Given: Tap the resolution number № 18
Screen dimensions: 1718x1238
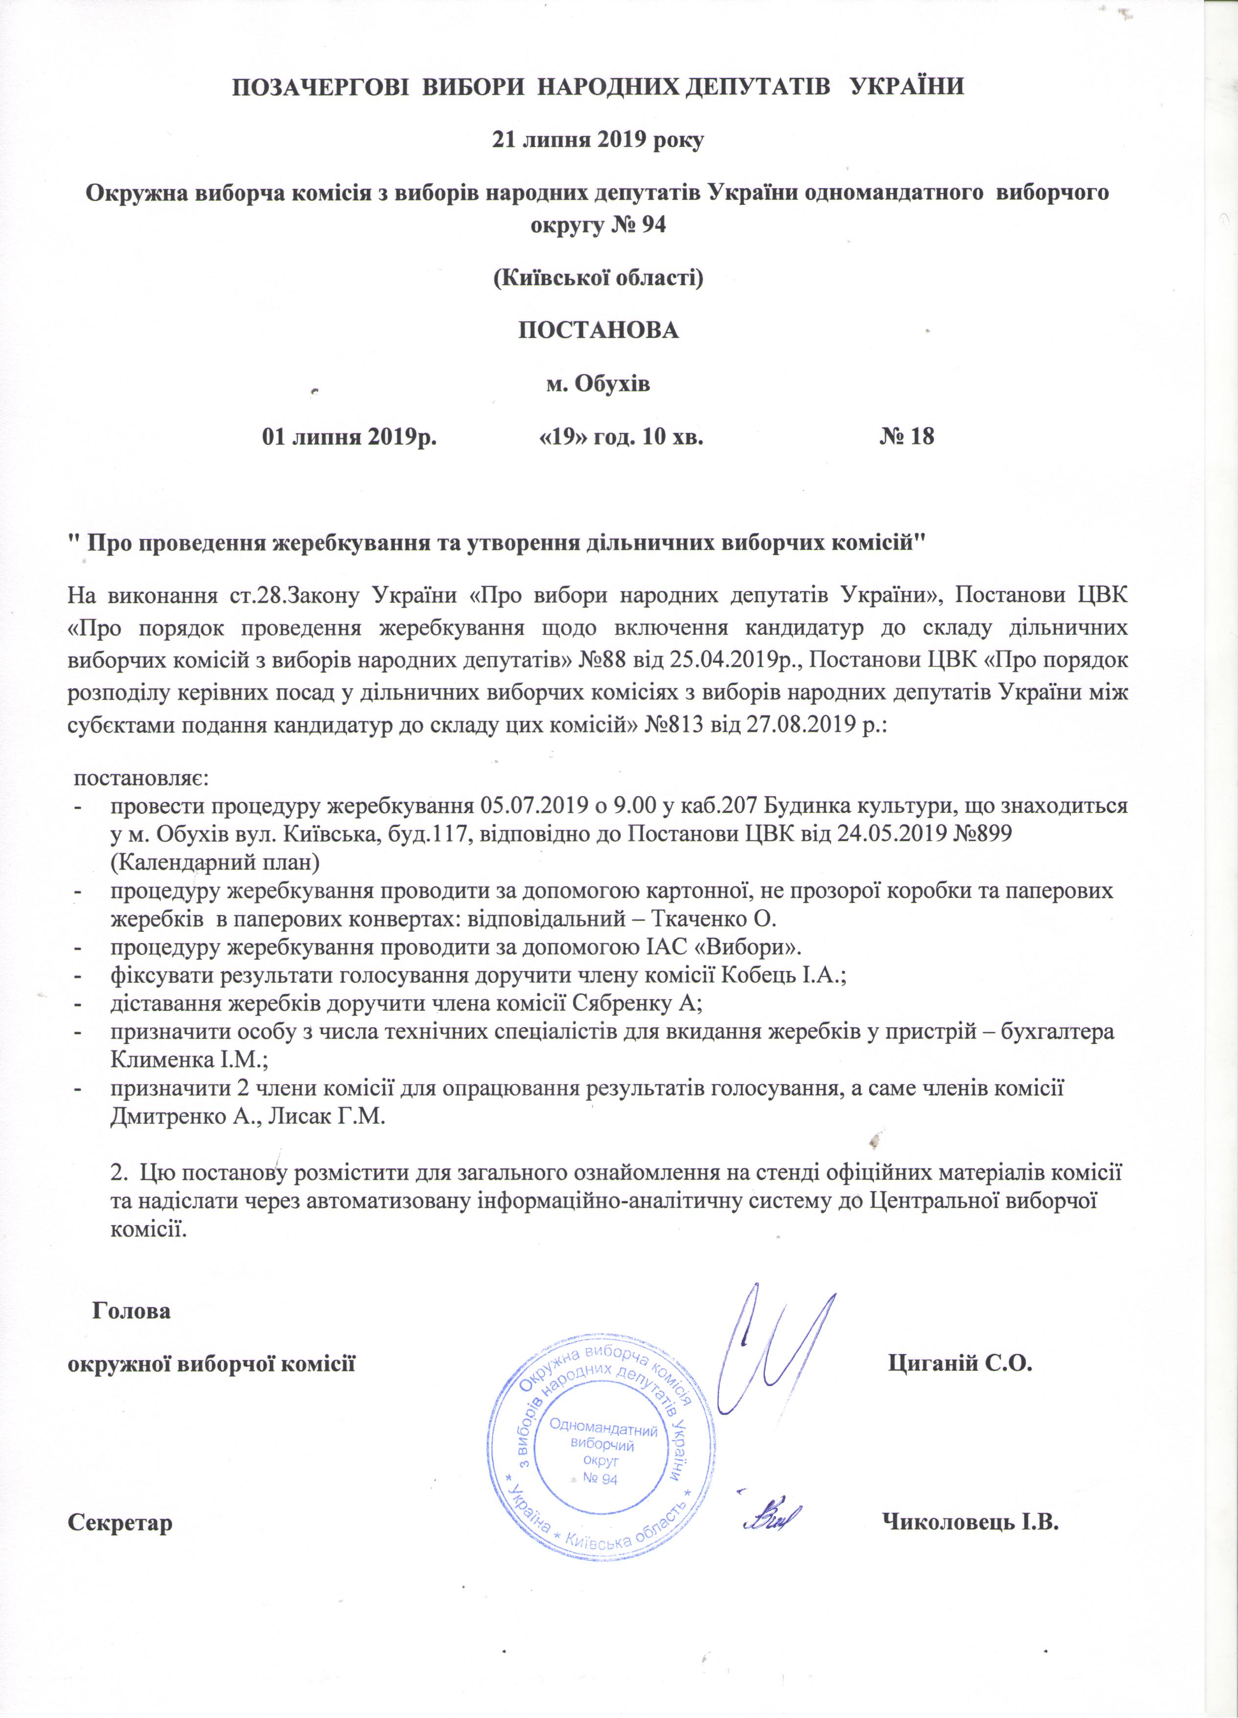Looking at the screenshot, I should [x=906, y=436].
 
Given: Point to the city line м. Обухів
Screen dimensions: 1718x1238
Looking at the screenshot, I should [x=598, y=384].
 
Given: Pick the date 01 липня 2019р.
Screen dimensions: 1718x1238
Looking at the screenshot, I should [x=349, y=436].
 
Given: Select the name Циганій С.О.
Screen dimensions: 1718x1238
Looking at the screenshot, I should [x=960, y=1364].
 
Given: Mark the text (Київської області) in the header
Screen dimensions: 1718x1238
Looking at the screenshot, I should [x=598, y=278].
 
